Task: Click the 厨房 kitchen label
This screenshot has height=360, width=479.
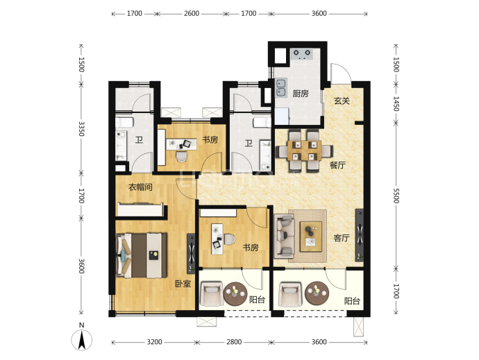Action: (x=301, y=94)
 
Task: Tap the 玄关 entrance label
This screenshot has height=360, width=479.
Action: (x=342, y=101)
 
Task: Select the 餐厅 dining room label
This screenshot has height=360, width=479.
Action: (x=337, y=165)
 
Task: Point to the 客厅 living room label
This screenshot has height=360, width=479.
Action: (x=342, y=238)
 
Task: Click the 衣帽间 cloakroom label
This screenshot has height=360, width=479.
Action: (x=140, y=187)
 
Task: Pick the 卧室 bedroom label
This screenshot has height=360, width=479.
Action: (x=183, y=284)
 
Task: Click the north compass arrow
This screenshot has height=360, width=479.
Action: (x=81, y=340)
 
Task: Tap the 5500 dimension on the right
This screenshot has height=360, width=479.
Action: (x=396, y=196)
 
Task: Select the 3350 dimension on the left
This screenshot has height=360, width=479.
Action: (x=81, y=128)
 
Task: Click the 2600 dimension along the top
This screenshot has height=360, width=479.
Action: (x=192, y=13)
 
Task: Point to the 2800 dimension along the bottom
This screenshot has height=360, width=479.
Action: (x=234, y=342)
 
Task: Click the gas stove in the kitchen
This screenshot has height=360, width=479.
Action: (x=301, y=53)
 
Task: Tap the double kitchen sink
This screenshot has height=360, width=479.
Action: (x=281, y=88)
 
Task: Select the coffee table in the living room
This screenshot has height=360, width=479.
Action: (x=311, y=237)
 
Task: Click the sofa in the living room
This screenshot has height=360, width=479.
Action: (x=284, y=235)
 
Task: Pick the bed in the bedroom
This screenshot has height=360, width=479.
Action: (x=142, y=255)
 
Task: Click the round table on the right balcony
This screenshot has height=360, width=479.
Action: (x=317, y=293)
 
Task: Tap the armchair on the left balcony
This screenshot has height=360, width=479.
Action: (x=211, y=293)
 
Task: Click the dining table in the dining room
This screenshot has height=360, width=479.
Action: (x=304, y=151)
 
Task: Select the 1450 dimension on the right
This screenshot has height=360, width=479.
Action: (x=396, y=104)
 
